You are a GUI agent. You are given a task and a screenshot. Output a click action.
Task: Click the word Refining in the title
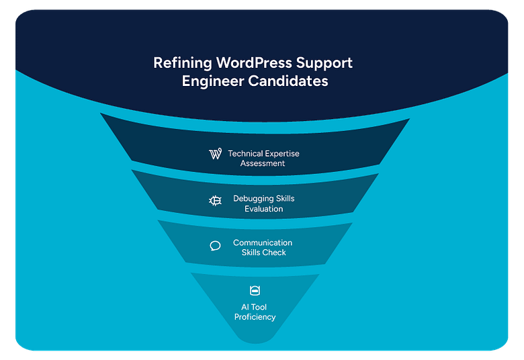point(182,63)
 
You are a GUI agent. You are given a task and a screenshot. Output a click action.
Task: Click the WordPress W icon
point(215,154)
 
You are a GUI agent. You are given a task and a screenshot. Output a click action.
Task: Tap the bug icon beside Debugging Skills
point(215,200)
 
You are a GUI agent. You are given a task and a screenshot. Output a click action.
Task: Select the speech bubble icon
point(215,246)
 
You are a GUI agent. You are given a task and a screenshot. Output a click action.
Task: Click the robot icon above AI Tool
point(255,291)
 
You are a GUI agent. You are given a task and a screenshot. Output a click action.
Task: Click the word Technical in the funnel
point(246,154)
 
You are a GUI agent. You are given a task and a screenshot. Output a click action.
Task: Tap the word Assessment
point(263,163)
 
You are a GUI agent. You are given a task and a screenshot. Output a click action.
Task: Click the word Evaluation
point(263,209)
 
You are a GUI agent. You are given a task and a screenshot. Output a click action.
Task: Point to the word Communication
point(263,242)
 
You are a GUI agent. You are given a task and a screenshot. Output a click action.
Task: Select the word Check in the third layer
point(275,253)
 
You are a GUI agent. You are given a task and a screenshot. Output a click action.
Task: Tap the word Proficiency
point(255,317)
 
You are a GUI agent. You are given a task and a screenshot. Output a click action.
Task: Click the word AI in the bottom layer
point(245,307)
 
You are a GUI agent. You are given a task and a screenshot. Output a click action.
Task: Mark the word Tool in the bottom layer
point(259,307)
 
